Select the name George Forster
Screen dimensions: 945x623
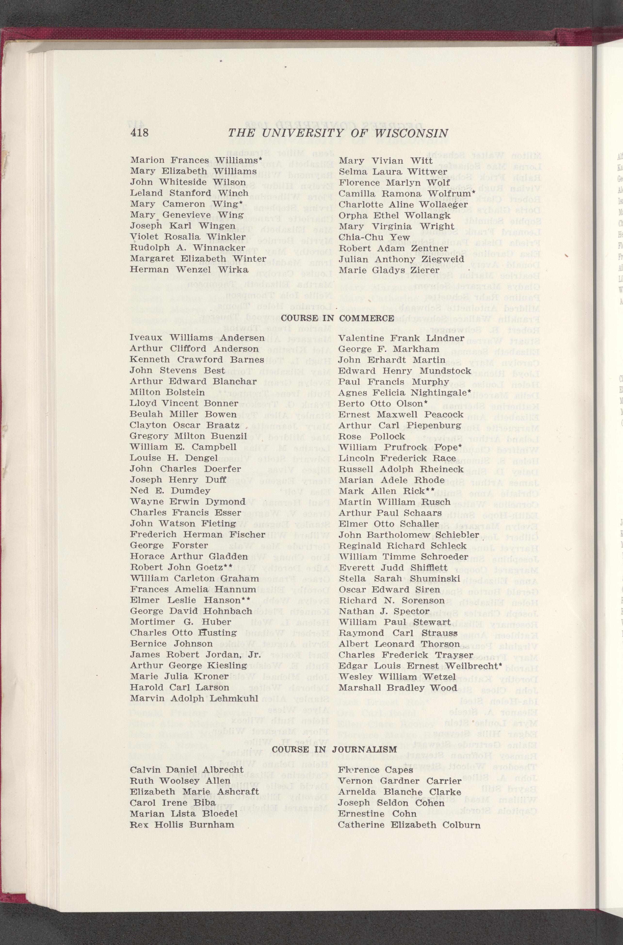(x=169, y=545)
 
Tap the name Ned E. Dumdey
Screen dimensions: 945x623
(x=170, y=491)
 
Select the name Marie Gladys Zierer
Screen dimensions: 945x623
(x=383, y=270)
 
